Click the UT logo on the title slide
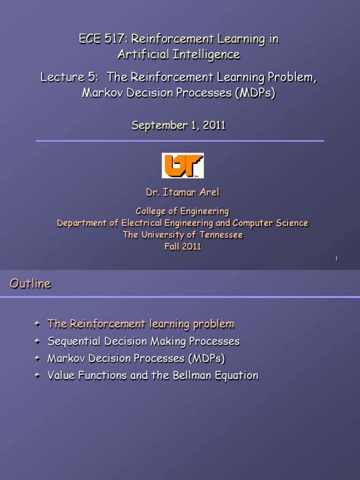point(182,165)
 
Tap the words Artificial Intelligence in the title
point(179,55)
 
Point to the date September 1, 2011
point(179,126)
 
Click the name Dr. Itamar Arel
point(182,193)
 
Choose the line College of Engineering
point(182,211)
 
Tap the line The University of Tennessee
point(182,235)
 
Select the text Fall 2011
point(182,247)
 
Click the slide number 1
point(337,259)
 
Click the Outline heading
point(30,284)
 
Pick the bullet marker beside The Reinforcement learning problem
point(38,324)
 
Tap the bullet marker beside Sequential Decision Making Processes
point(38,341)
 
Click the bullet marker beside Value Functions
point(38,375)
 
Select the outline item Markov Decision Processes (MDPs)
point(136,359)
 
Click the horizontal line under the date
point(180,141)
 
